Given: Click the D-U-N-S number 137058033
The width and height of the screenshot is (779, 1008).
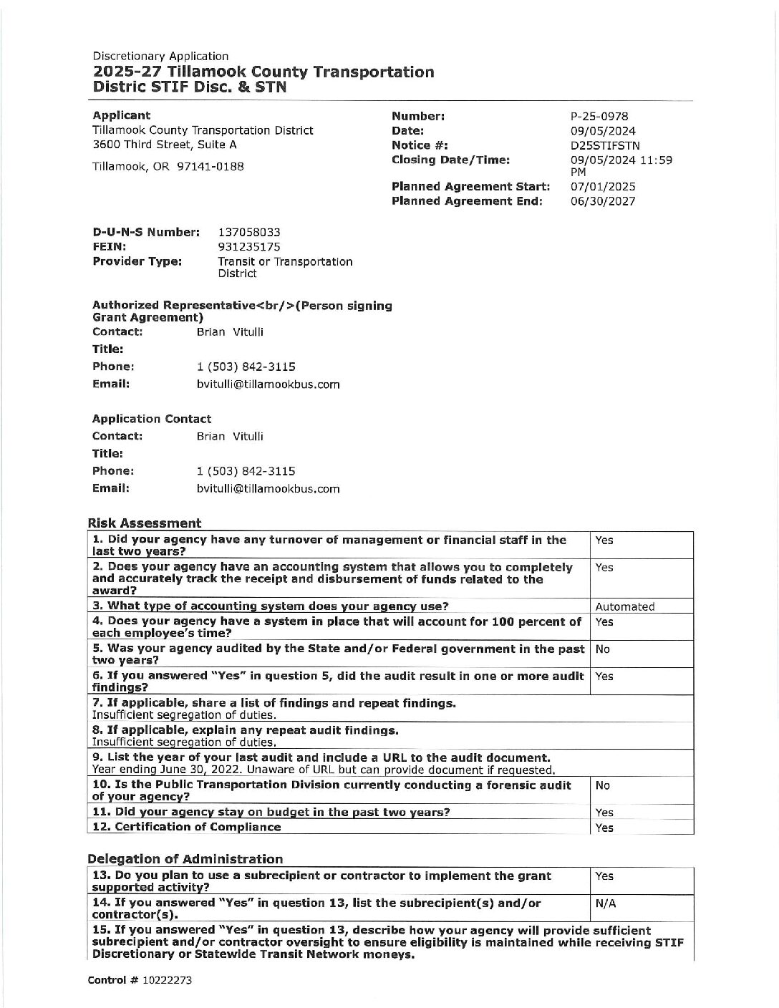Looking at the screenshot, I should [248, 233].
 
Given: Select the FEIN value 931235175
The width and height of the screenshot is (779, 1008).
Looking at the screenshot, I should [248, 247].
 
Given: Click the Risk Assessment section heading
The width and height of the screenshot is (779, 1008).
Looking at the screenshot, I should [144, 523].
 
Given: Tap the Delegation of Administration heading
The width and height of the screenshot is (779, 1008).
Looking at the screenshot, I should [185, 859].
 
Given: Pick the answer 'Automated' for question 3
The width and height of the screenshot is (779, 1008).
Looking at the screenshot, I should [624, 606].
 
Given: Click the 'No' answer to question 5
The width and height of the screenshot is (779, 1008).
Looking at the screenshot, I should [602, 649].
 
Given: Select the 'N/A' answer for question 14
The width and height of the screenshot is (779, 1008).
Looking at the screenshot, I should [606, 903].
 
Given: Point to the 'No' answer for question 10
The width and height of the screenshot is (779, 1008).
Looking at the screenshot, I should [602, 785].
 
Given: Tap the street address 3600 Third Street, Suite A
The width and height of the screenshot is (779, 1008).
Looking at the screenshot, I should [165, 145].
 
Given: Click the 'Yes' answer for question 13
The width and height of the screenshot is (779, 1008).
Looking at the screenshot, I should [604, 876].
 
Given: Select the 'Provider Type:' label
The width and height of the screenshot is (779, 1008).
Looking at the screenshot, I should [137, 261].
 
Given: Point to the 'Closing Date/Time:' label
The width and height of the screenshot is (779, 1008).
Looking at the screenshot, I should [450, 160].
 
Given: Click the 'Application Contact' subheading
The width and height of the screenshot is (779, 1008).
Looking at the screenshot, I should [152, 419].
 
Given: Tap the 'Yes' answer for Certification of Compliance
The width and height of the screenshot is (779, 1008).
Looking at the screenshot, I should [604, 828].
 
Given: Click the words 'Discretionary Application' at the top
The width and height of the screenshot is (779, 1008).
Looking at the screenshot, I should [160, 56].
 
